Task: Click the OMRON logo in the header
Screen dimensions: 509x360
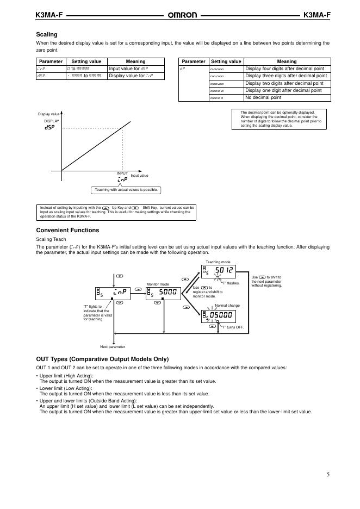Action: [180, 15]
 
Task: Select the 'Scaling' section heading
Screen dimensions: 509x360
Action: [47, 34]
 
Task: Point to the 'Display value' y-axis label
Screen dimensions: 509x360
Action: [48, 114]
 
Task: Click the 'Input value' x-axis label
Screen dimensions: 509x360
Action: [139, 176]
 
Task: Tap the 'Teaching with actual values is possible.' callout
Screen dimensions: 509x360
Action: [126, 190]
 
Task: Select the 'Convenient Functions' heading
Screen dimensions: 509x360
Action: [67, 230]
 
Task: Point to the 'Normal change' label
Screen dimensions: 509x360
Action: [227, 306]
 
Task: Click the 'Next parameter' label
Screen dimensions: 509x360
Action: [113, 346]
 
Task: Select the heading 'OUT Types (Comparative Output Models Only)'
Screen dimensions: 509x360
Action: [102, 359]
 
